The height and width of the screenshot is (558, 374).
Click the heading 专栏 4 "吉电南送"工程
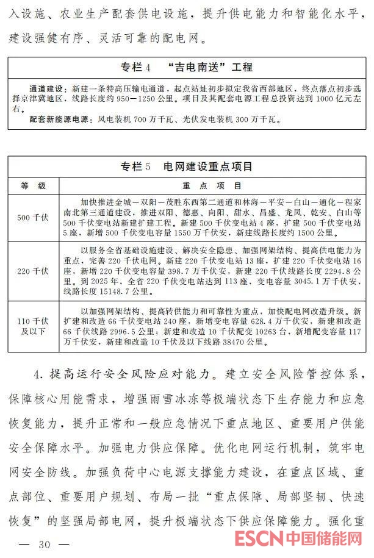click(187, 66)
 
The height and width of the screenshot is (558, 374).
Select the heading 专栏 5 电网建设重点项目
click(187, 166)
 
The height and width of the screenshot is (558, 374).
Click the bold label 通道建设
click(49, 88)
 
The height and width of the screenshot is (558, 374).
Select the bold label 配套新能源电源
click(62, 120)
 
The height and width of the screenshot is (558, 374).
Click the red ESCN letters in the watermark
click(259, 540)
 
